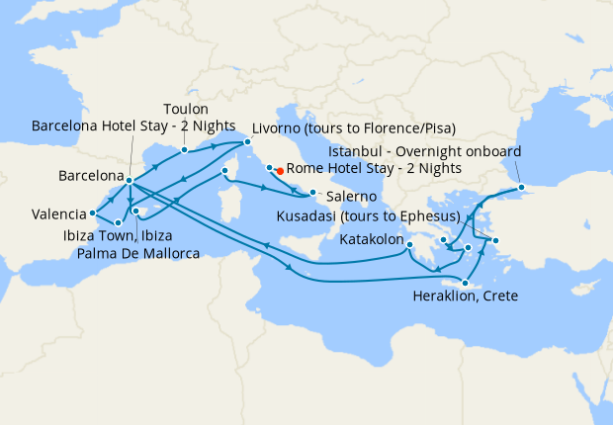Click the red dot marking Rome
(x=280, y=170)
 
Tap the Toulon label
(x=186, y=109)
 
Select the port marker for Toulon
(x=184, y=150)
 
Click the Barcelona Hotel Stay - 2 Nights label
(x=133, y=127)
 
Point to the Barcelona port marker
(x=130, y=179)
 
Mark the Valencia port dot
(x=92, y=212)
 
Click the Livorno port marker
(x=247, y=142)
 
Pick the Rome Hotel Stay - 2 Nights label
(x=374, y=169)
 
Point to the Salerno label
(x=344, y=198)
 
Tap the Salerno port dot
(x=312, y=192)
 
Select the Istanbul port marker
(x=521, y=187)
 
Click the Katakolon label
(x=372, y=240)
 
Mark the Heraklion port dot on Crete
(x=464, y=284)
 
